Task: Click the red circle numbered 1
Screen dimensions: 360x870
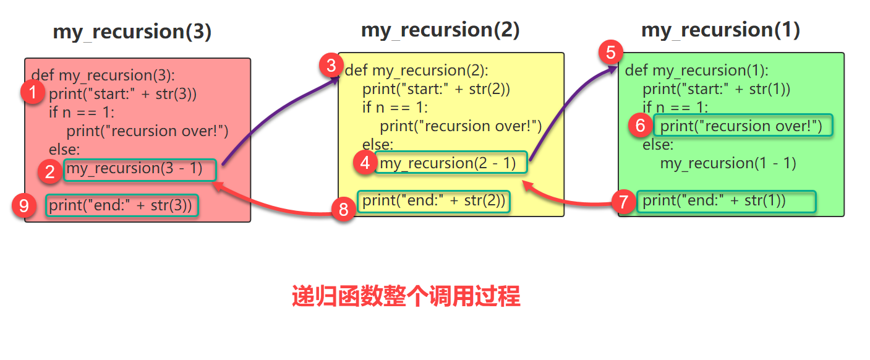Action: (x=32, y=94)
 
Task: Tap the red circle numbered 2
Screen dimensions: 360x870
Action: (x=49, y=171)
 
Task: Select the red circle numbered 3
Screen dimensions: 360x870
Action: (x=331, y=64)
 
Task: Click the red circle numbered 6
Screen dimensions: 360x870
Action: (x=640, y=126)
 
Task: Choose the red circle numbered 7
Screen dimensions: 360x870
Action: (x=623, y=202)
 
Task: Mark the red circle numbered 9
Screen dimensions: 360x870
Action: (x=24, y=206)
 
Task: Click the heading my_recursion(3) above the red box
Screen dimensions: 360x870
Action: (x=132, y=32)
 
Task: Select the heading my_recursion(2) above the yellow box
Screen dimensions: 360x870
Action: (x=440, y=30)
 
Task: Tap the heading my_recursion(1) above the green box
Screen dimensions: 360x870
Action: (x=720, y=30)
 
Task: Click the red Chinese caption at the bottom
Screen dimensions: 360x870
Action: (x=406, y=298)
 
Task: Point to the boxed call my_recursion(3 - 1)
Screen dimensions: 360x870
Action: (x=140, y=169)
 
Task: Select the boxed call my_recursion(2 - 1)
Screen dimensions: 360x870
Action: (x=451, y=163)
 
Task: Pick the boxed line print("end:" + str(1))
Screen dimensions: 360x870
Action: (x=726, y=201)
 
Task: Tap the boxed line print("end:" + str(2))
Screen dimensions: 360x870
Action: (x=434, y=201)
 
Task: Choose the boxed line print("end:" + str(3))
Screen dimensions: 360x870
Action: (x=122, y=205)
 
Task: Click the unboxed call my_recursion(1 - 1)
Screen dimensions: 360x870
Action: (x=728, y=163)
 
